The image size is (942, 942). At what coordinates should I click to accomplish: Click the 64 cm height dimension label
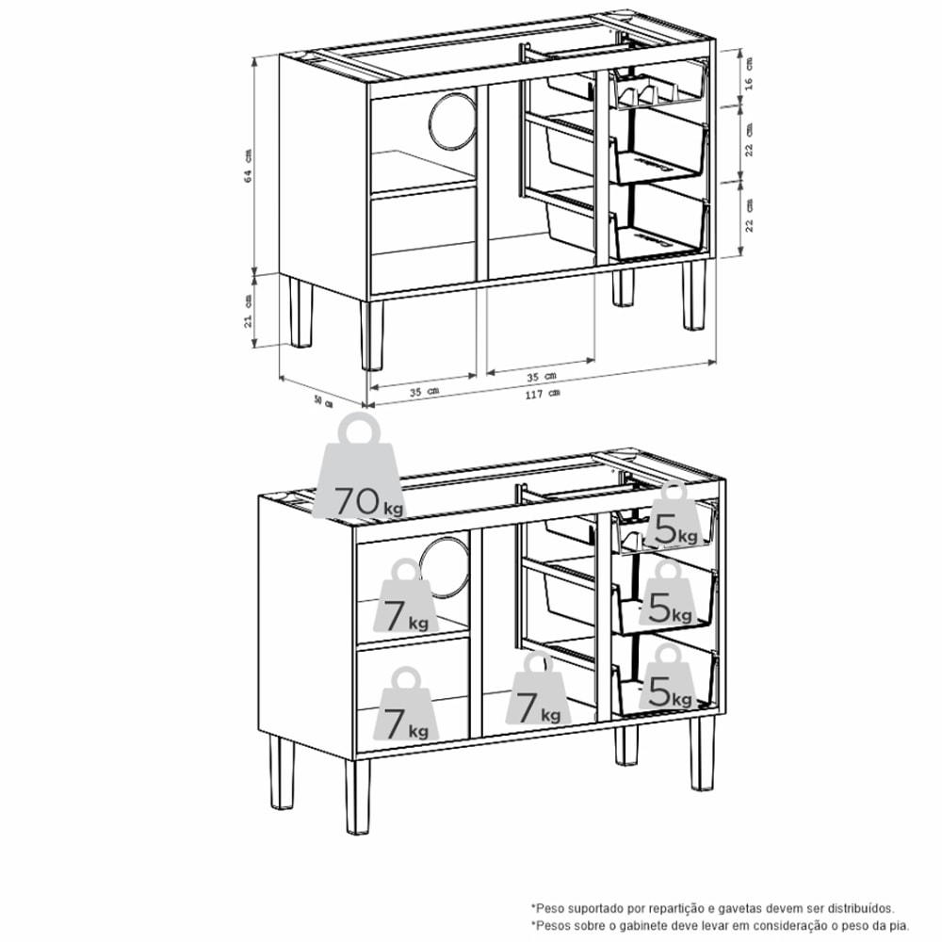[x=248, y=166]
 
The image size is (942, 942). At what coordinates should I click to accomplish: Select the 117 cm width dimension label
[x=543, y=394]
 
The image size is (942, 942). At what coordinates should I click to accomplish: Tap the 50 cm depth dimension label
[x=323, y=400]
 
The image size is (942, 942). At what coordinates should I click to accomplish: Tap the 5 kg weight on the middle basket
[x=670, y=596]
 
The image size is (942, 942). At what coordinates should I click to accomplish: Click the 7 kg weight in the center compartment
[x=538, y=692]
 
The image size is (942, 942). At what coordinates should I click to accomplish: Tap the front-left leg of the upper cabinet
[x=373, y=334]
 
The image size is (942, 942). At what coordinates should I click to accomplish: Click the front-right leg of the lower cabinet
[x=702, y=754]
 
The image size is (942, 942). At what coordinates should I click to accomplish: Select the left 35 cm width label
[x=423, y=390]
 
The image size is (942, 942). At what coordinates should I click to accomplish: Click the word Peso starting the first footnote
[x=550, y=908]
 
